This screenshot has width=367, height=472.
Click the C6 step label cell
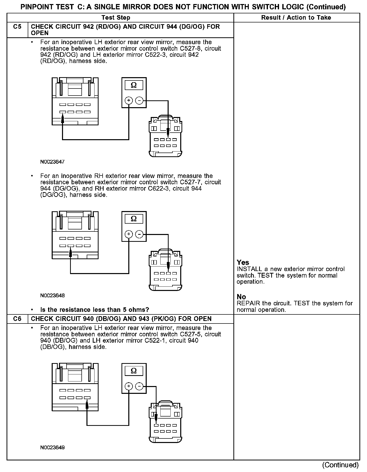point(17,319)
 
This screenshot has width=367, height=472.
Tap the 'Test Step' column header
point(116,18)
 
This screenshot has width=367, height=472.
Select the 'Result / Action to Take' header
point(296,18)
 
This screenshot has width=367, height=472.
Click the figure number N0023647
point(52,162)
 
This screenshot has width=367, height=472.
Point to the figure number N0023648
point(52,296)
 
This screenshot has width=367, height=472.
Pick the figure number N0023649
point(52,448)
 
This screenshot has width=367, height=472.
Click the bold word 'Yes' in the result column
point(243,262)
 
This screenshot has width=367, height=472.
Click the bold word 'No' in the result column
point(241,297)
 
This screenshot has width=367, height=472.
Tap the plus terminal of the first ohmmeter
point(129,101)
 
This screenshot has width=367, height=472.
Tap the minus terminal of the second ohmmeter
point(139,234)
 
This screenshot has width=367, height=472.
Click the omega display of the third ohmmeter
point(134,371)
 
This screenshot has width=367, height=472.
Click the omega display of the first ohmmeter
point(134,85)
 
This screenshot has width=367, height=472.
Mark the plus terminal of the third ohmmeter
point(129,386)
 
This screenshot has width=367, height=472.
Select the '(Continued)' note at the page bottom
point(340,465)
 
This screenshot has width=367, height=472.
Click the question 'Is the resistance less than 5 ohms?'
point(95,310)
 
